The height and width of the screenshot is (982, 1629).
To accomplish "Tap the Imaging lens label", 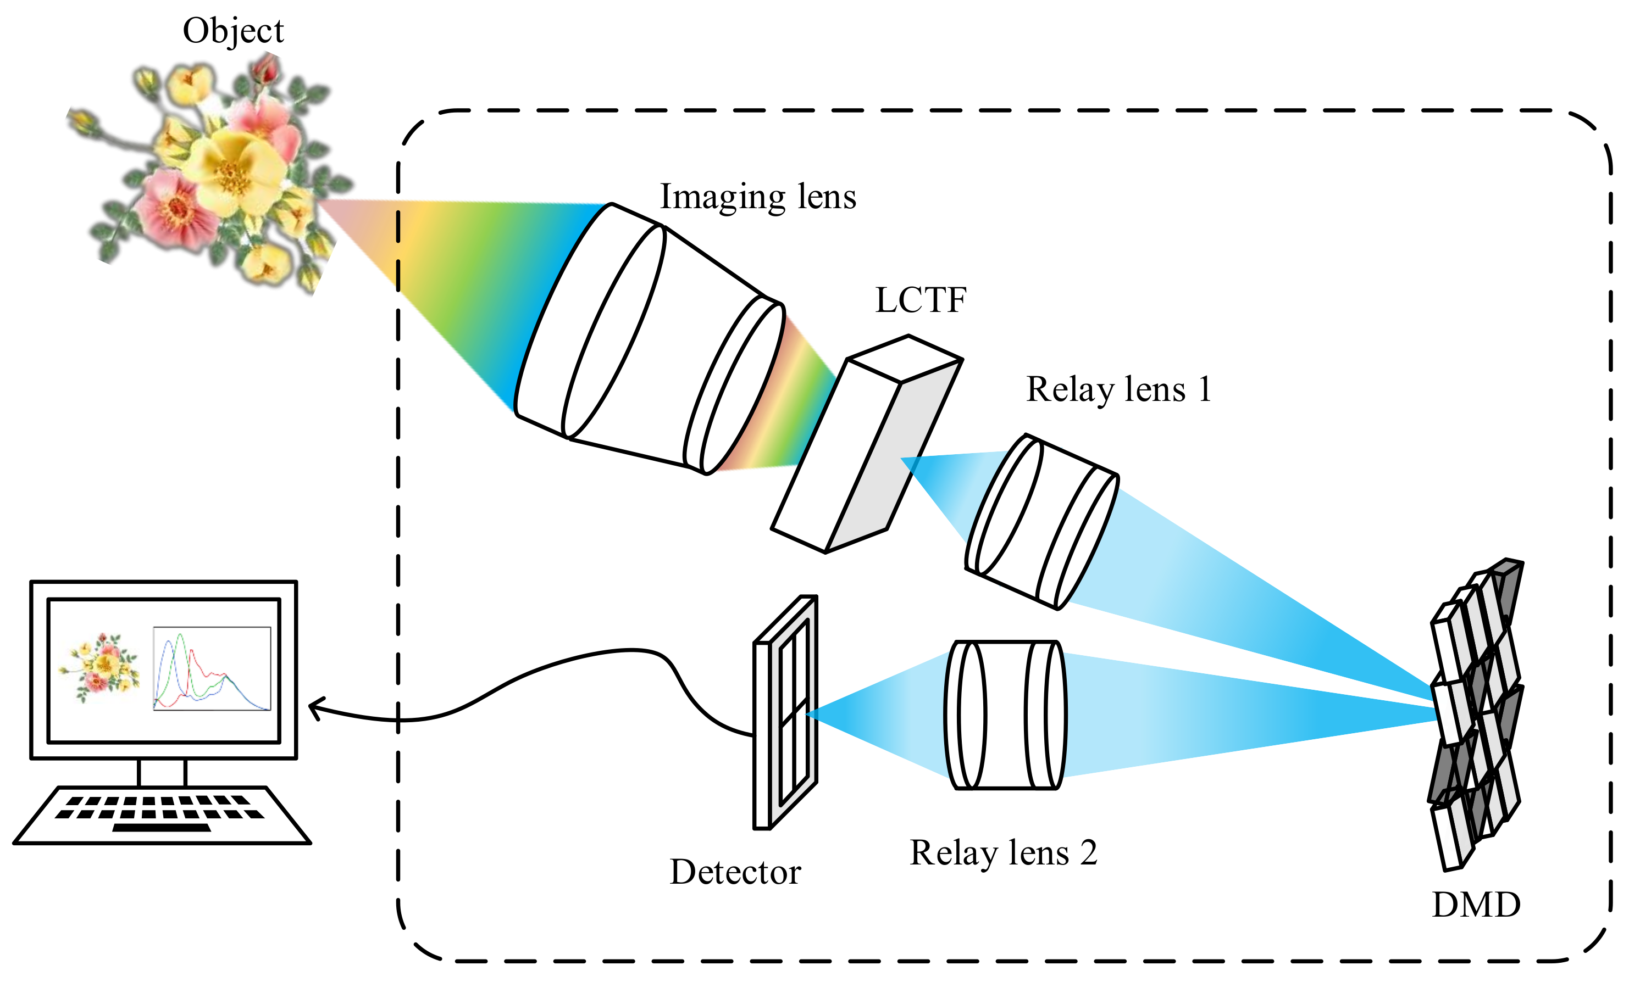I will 758,197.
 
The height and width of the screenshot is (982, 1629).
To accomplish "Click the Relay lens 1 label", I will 1118,389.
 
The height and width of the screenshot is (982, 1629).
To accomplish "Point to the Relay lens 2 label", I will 1003,852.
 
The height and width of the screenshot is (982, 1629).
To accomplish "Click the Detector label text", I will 735,872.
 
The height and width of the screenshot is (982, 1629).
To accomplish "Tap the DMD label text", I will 1476,905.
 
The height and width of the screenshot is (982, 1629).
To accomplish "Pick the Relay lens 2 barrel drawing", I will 1005,715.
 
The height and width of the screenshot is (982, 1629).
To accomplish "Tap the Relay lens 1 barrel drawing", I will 1042,522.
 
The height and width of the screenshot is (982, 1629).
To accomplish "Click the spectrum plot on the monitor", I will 212,669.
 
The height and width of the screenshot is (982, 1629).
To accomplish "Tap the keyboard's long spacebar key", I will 162,827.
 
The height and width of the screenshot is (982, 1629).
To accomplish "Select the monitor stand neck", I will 162,773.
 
